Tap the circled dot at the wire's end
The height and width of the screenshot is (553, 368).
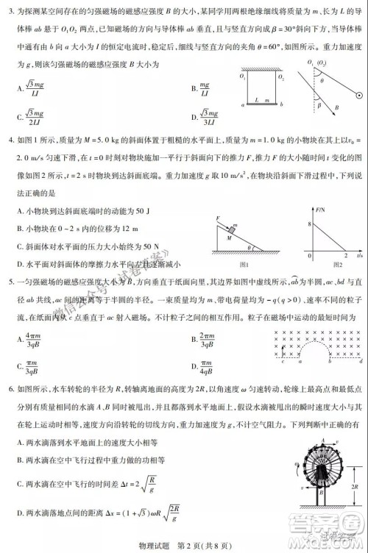(358, 96)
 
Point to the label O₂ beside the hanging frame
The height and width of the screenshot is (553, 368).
(281, 76)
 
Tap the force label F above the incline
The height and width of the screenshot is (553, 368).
(219, 219)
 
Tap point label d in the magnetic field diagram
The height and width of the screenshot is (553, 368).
(347, 363)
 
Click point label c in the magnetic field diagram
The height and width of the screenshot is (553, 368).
(284, 363)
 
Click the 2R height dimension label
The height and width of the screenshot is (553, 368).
(355, 486)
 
